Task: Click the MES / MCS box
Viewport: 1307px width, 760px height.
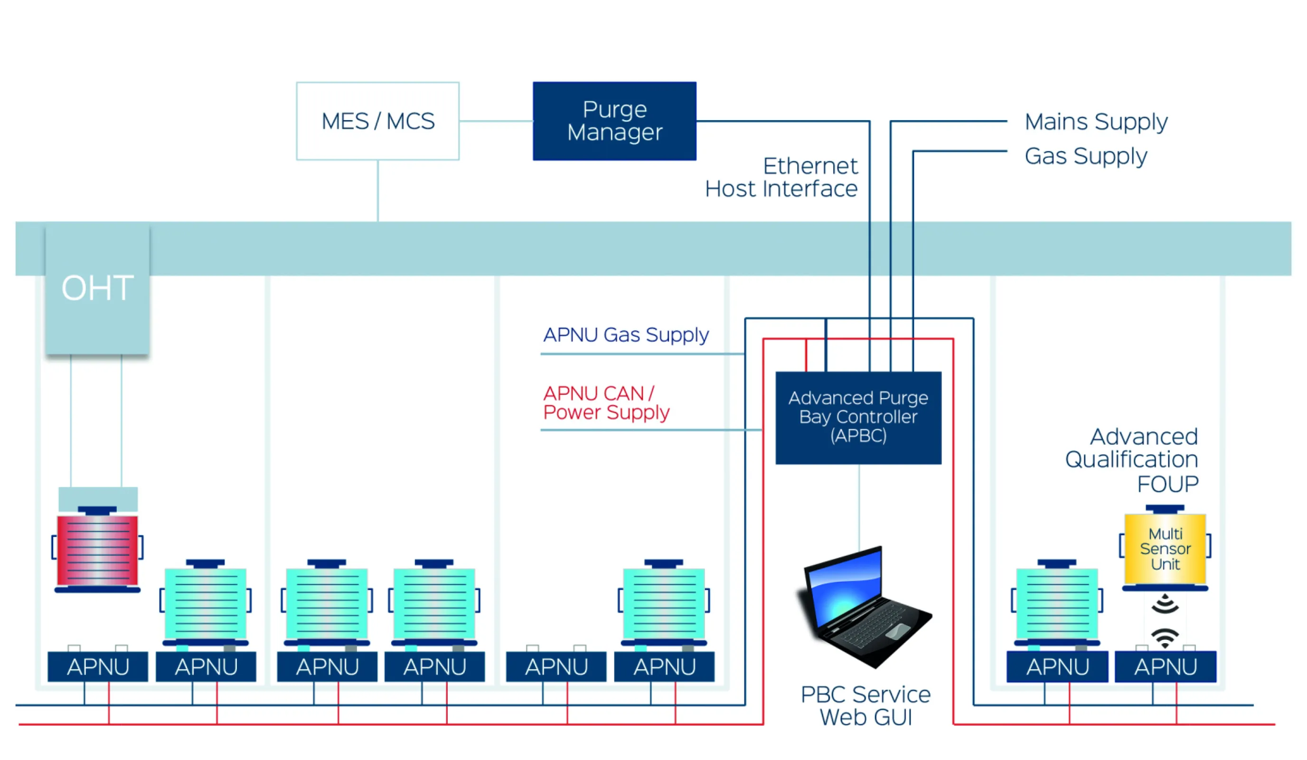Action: tap(377, 121)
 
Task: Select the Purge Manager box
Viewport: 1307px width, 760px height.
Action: tap(615, 121)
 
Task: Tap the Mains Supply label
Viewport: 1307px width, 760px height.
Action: tap(1095, 122)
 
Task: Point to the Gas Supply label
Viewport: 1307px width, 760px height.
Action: tap(1086, 156)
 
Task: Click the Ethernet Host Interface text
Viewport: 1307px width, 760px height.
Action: tap(781, 178)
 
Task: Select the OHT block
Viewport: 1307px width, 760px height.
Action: tap(97, 289)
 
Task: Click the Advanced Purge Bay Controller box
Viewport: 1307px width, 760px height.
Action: tap(858, 418)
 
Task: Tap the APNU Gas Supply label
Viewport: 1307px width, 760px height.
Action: tap(626, 335)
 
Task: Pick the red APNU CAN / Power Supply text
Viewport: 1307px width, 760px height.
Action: tap(606, 403)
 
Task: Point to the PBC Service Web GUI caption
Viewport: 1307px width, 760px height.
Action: tap(865, 706)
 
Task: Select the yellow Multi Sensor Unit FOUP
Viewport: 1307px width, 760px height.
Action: tap(1165, 548)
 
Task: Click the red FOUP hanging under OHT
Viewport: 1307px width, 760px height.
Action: tap(97, 550)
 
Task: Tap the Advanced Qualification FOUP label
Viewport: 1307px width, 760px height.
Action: tap(1132, 460)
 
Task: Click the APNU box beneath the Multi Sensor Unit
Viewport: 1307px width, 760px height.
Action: tap(1165, 666)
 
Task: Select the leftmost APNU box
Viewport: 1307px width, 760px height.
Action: tap(97, 666)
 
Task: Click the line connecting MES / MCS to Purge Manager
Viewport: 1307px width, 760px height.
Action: tap(496, 121)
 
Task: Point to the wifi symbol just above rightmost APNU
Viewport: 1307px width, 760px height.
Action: tap(1165, 637)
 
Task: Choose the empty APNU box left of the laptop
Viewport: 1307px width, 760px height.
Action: tap(556, 666)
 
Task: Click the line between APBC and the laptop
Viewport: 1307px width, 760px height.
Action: tap(859, 506)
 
